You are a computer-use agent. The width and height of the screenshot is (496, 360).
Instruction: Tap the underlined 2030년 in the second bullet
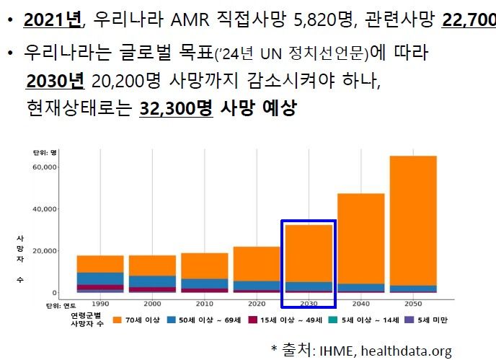click(x=55, y=81)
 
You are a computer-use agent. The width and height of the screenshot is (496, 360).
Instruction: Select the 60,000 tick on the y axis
click(x=45, y=167)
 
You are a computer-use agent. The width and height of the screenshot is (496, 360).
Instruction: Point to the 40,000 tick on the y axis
click(x=45, y=209)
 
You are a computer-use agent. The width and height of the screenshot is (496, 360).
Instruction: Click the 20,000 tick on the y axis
click(x=45, y=251)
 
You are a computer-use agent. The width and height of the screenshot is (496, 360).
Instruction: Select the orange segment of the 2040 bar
click(x=360, y=238)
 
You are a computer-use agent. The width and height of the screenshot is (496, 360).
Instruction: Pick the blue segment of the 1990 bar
click(x=100, y=278)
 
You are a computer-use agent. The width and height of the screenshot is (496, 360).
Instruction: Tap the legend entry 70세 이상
click(x=140, y=320)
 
